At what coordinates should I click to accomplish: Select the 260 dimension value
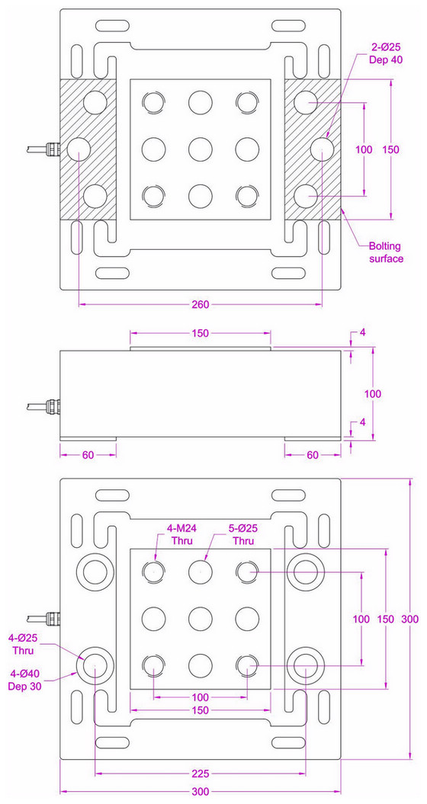201,305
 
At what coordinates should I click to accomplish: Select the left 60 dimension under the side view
88,454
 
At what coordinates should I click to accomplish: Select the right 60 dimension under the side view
313,454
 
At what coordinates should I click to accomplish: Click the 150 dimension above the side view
201,333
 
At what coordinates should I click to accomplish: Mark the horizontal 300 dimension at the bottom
201,792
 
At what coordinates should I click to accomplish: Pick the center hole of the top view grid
201,147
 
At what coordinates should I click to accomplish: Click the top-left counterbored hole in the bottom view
95,571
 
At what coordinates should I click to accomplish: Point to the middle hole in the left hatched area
79,148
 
